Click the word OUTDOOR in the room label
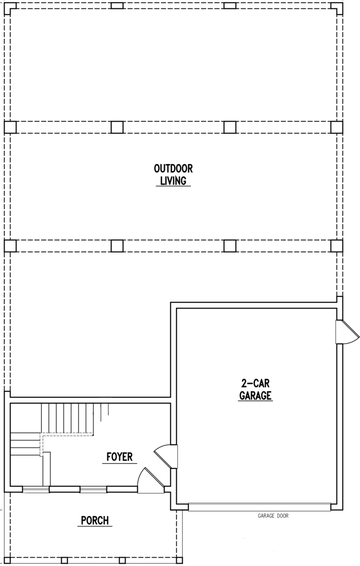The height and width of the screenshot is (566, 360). [173, 169]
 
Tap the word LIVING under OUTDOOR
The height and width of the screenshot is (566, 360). [173, 181]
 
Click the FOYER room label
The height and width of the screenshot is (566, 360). [120, 456]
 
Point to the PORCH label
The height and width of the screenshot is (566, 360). [95, 520]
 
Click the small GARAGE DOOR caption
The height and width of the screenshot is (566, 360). [273, 516]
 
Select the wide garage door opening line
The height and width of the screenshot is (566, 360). [259, 506]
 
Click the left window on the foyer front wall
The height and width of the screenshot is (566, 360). [36, 490]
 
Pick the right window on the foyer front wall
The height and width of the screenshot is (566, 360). [93, 490]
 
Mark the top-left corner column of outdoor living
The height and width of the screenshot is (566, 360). [10, 6]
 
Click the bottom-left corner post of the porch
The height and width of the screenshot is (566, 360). [7, 560]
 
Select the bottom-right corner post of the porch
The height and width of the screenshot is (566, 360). [180, 560]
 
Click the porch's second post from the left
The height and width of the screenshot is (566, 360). [64, 560]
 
